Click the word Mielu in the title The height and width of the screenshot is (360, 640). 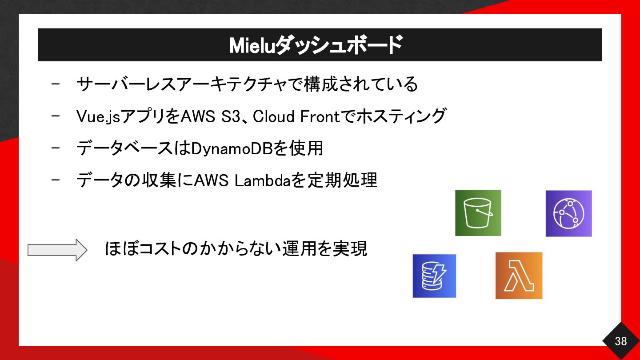tap(252, 45)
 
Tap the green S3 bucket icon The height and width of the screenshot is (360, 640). tap(478, 213)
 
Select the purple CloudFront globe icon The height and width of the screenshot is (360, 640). tap(568, 213)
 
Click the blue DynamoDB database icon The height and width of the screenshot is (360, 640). tap(434, 276)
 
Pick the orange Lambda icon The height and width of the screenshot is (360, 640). tap(519, 276)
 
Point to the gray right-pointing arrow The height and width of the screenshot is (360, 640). tap(57, 250)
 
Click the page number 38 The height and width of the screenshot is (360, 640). tap(620, 341)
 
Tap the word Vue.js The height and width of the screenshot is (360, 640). tap(98, 116)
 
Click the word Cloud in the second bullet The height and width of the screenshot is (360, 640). tap(273, 116)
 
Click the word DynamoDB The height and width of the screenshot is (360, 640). tap(232, 149)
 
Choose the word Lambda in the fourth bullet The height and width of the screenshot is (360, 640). tap(262, 180)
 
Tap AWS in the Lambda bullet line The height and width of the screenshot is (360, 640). tap(211, 180)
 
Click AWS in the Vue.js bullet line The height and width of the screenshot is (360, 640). tap(198, 116)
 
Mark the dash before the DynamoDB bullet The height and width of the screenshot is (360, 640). tap(56, 148)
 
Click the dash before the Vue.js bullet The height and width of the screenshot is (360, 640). tap(56, 116)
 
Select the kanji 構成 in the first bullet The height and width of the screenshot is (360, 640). tap(321, 84)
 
